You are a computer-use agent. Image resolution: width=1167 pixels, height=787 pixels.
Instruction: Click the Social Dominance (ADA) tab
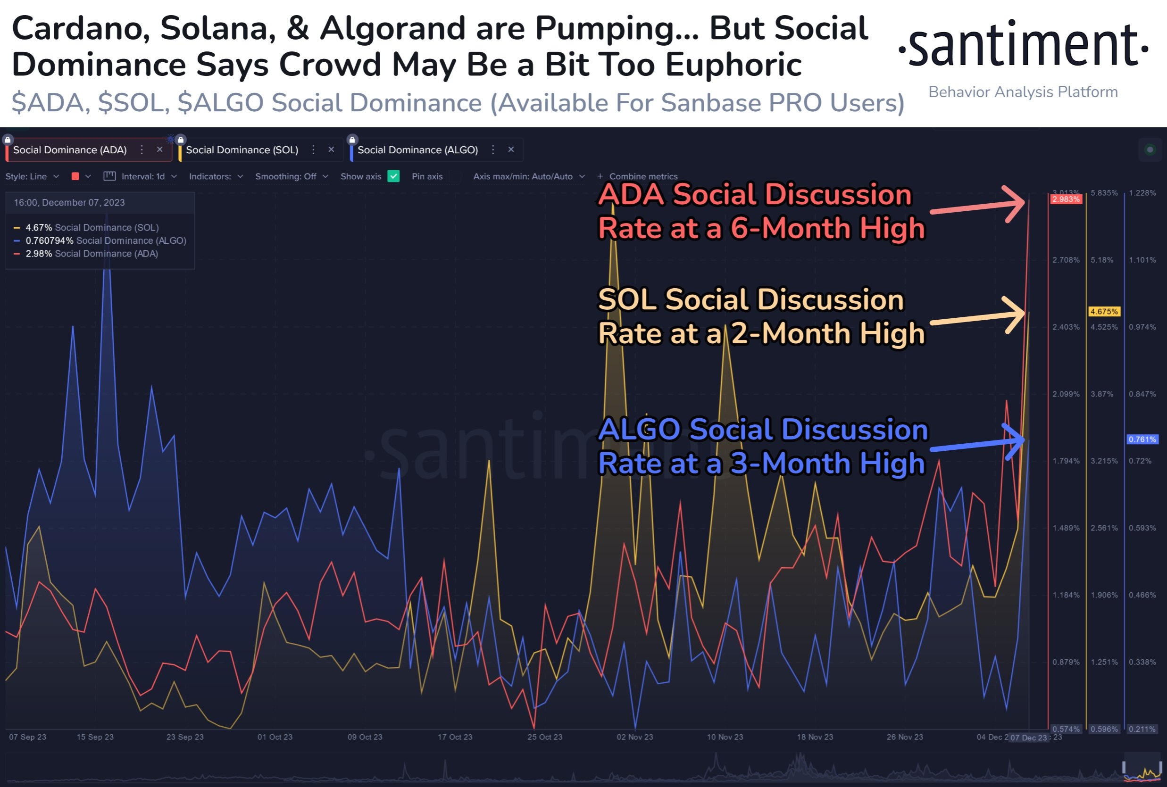pyautogui.click(x=70, y=150)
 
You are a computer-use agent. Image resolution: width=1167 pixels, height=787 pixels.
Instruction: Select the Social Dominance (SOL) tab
pyautogui.click(x=242, y=150)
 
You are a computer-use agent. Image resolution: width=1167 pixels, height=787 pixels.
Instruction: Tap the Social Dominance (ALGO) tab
pyautogui.click(x=417, y=150)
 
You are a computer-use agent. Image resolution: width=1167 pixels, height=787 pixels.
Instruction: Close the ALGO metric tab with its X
pyautogui.click(x=511, y=149)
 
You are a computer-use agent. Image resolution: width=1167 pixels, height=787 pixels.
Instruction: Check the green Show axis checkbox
pyautogui.click(x=393, y=176)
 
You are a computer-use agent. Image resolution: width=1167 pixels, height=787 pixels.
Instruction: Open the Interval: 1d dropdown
pyautogui.click(x=142, y=177)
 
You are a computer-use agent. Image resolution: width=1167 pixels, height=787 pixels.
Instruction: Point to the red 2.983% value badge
pyautogui.click(x=1066, y=200)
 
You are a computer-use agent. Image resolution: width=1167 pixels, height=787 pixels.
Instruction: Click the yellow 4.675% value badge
pyautogui.click(x=1104, y=312)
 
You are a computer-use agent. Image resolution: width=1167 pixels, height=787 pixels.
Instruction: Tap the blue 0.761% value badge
pyautogui.click(x=1142, y=439)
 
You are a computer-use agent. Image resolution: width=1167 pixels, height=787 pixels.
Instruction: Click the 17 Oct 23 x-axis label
pyautogui.click(x=455, y=737)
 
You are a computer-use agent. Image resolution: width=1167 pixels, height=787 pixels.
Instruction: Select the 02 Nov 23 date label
pyautogui.click(x=634, y=737)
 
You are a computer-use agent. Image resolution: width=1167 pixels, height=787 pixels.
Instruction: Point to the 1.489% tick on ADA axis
pyautogui.click(x=1066, y=528)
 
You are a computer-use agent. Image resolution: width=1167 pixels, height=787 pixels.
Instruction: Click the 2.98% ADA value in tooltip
pyautogui.click(x=39, y=254)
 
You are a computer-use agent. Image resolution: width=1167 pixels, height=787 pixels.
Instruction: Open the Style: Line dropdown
pyautogui.click(x=32, y=177)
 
